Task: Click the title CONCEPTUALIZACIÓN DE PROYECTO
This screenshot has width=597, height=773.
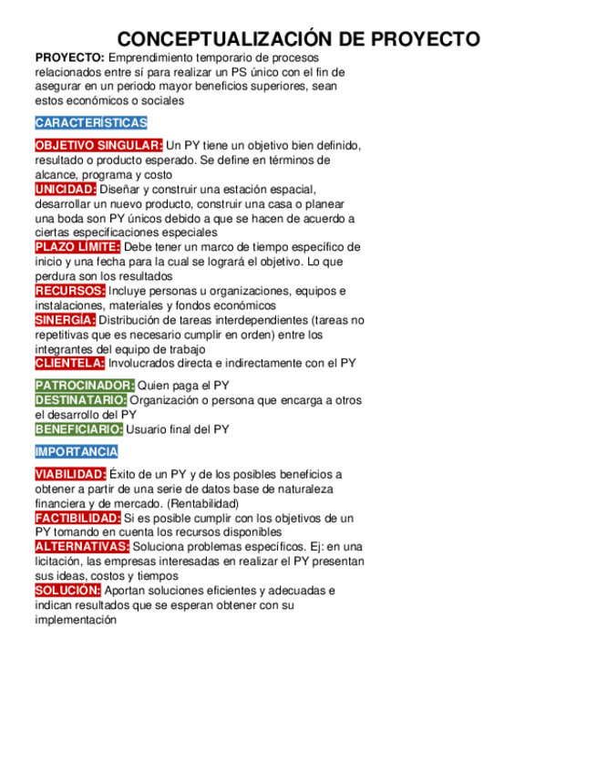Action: pos(298,39)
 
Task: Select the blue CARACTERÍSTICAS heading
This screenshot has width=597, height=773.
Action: pos(90,123)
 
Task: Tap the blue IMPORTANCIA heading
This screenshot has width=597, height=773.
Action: pos(76,451)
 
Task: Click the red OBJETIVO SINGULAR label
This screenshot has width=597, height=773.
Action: pos(98,146)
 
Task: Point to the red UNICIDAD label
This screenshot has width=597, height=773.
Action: pos(65,190)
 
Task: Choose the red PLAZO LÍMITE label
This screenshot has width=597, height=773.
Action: pos(77,247)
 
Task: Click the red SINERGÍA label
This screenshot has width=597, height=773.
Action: pos(65,320)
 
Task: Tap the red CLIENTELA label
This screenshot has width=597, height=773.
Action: pos(69,363)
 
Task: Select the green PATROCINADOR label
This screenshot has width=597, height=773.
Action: pos(84,386)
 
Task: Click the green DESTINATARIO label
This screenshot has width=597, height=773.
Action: pos(81,400)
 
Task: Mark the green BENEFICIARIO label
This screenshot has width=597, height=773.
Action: pos(78,429)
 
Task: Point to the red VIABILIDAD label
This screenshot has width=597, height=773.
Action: pos(70,474)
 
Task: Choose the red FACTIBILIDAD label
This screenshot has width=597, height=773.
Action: pos(77,518)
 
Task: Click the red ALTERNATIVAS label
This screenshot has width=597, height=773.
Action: pos(82,546)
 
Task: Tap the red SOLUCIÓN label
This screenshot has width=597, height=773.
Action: pos(67,591)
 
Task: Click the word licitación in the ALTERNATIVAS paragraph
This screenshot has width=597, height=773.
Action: pos(57,562)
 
